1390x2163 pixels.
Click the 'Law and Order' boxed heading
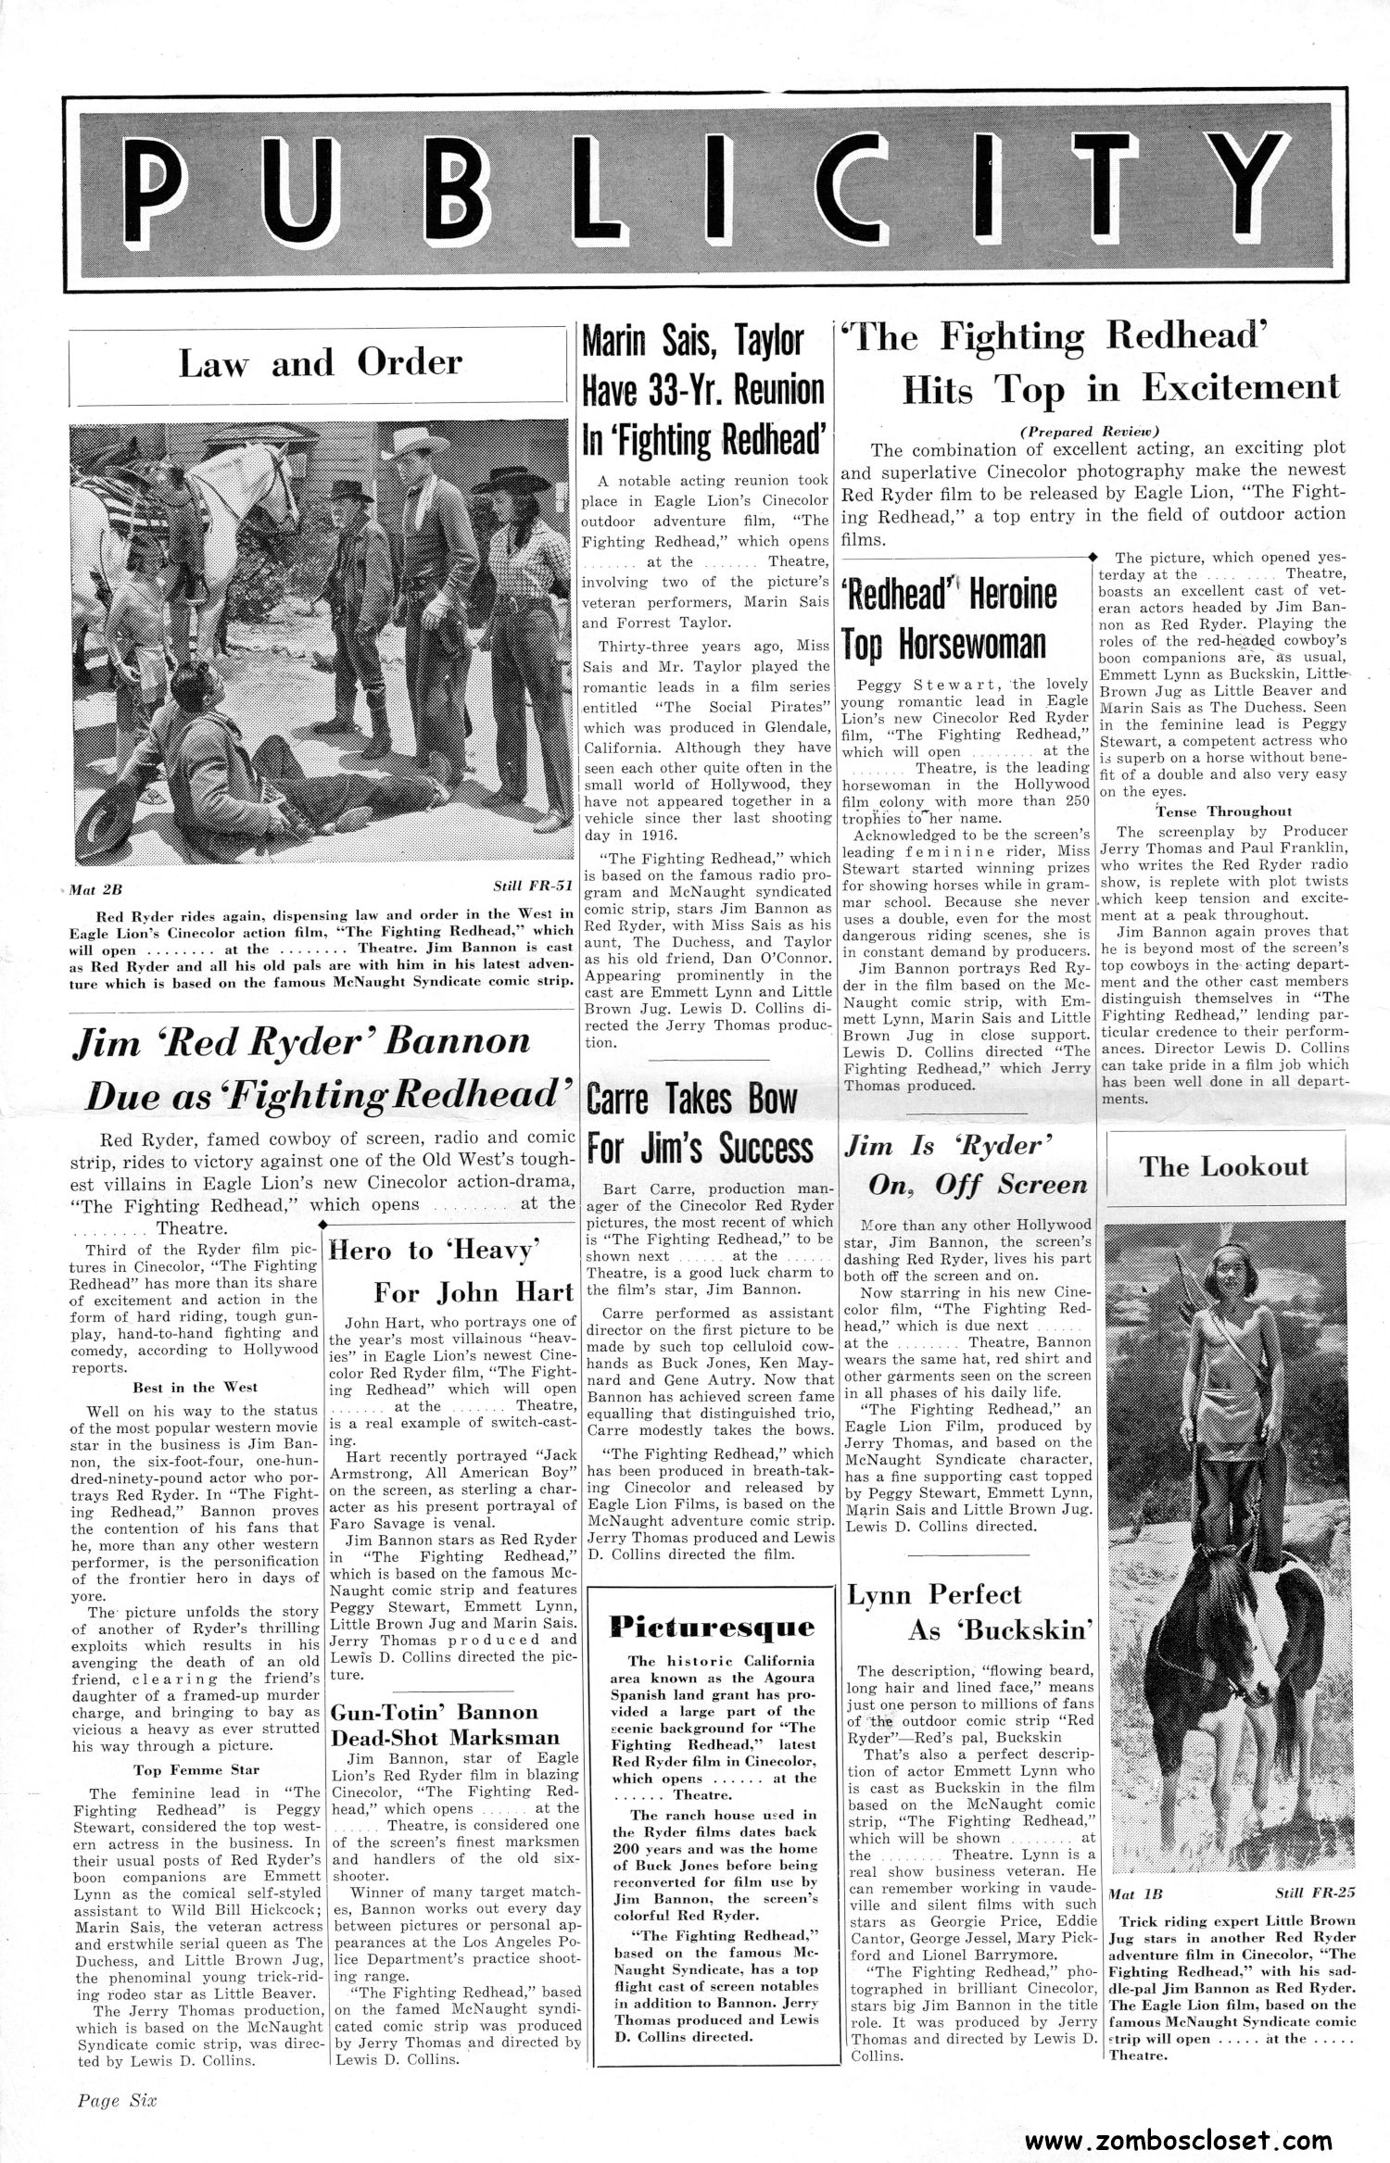(x=320, y=362)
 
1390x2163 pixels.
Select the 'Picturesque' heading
(x=713, y=1627)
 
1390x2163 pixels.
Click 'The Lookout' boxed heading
(x=1224, y=1166)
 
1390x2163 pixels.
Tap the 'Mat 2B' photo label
(x=95, y=890)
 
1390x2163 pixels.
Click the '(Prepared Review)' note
(x=1090, y=432)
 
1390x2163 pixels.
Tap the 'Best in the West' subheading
(x=196, y=1387)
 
